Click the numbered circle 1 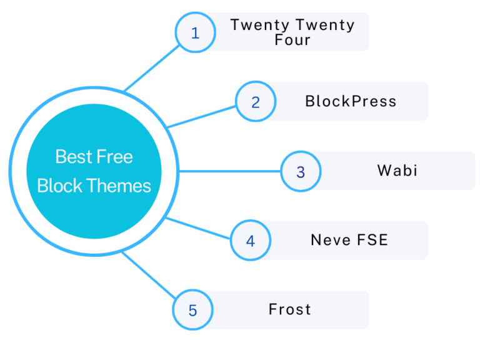tap(195, 32)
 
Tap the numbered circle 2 tap(255, 102)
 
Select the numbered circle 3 tap(300, 172)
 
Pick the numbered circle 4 tap(250, 241)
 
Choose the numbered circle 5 tap(192, 310)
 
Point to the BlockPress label tap(351, 101)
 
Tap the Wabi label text tap(397, 171)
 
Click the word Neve tap(331, 240)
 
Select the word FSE tap(372, 240)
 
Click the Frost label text tap(290, 309)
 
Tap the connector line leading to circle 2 tap(203, 116)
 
